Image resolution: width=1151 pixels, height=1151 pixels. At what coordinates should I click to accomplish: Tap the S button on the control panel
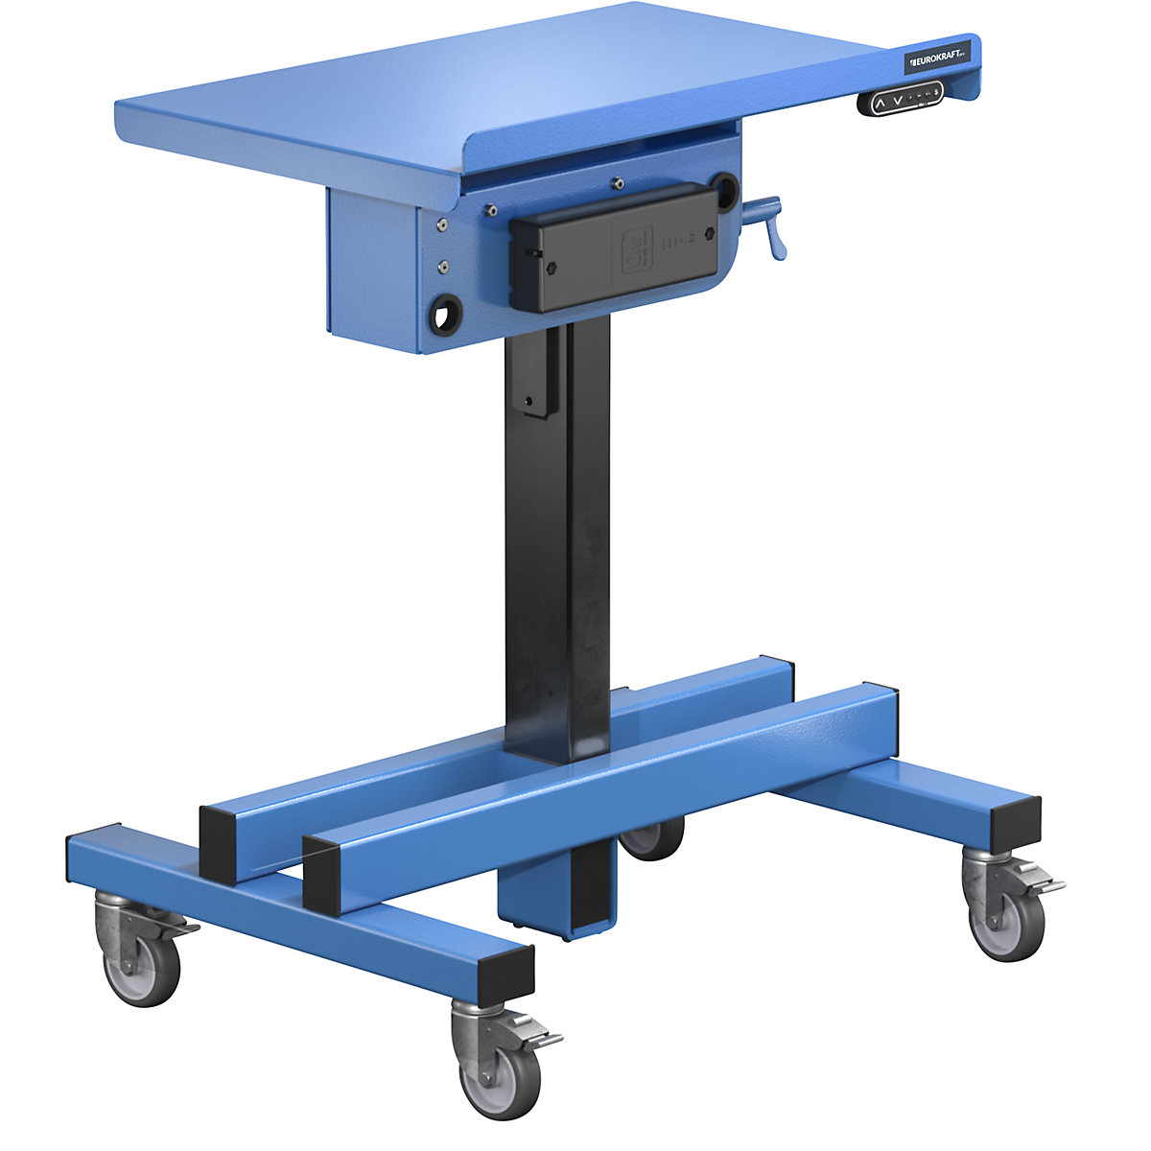tap(936, 94)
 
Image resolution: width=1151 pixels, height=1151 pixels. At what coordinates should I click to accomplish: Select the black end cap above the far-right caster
tap(1017, 820)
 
